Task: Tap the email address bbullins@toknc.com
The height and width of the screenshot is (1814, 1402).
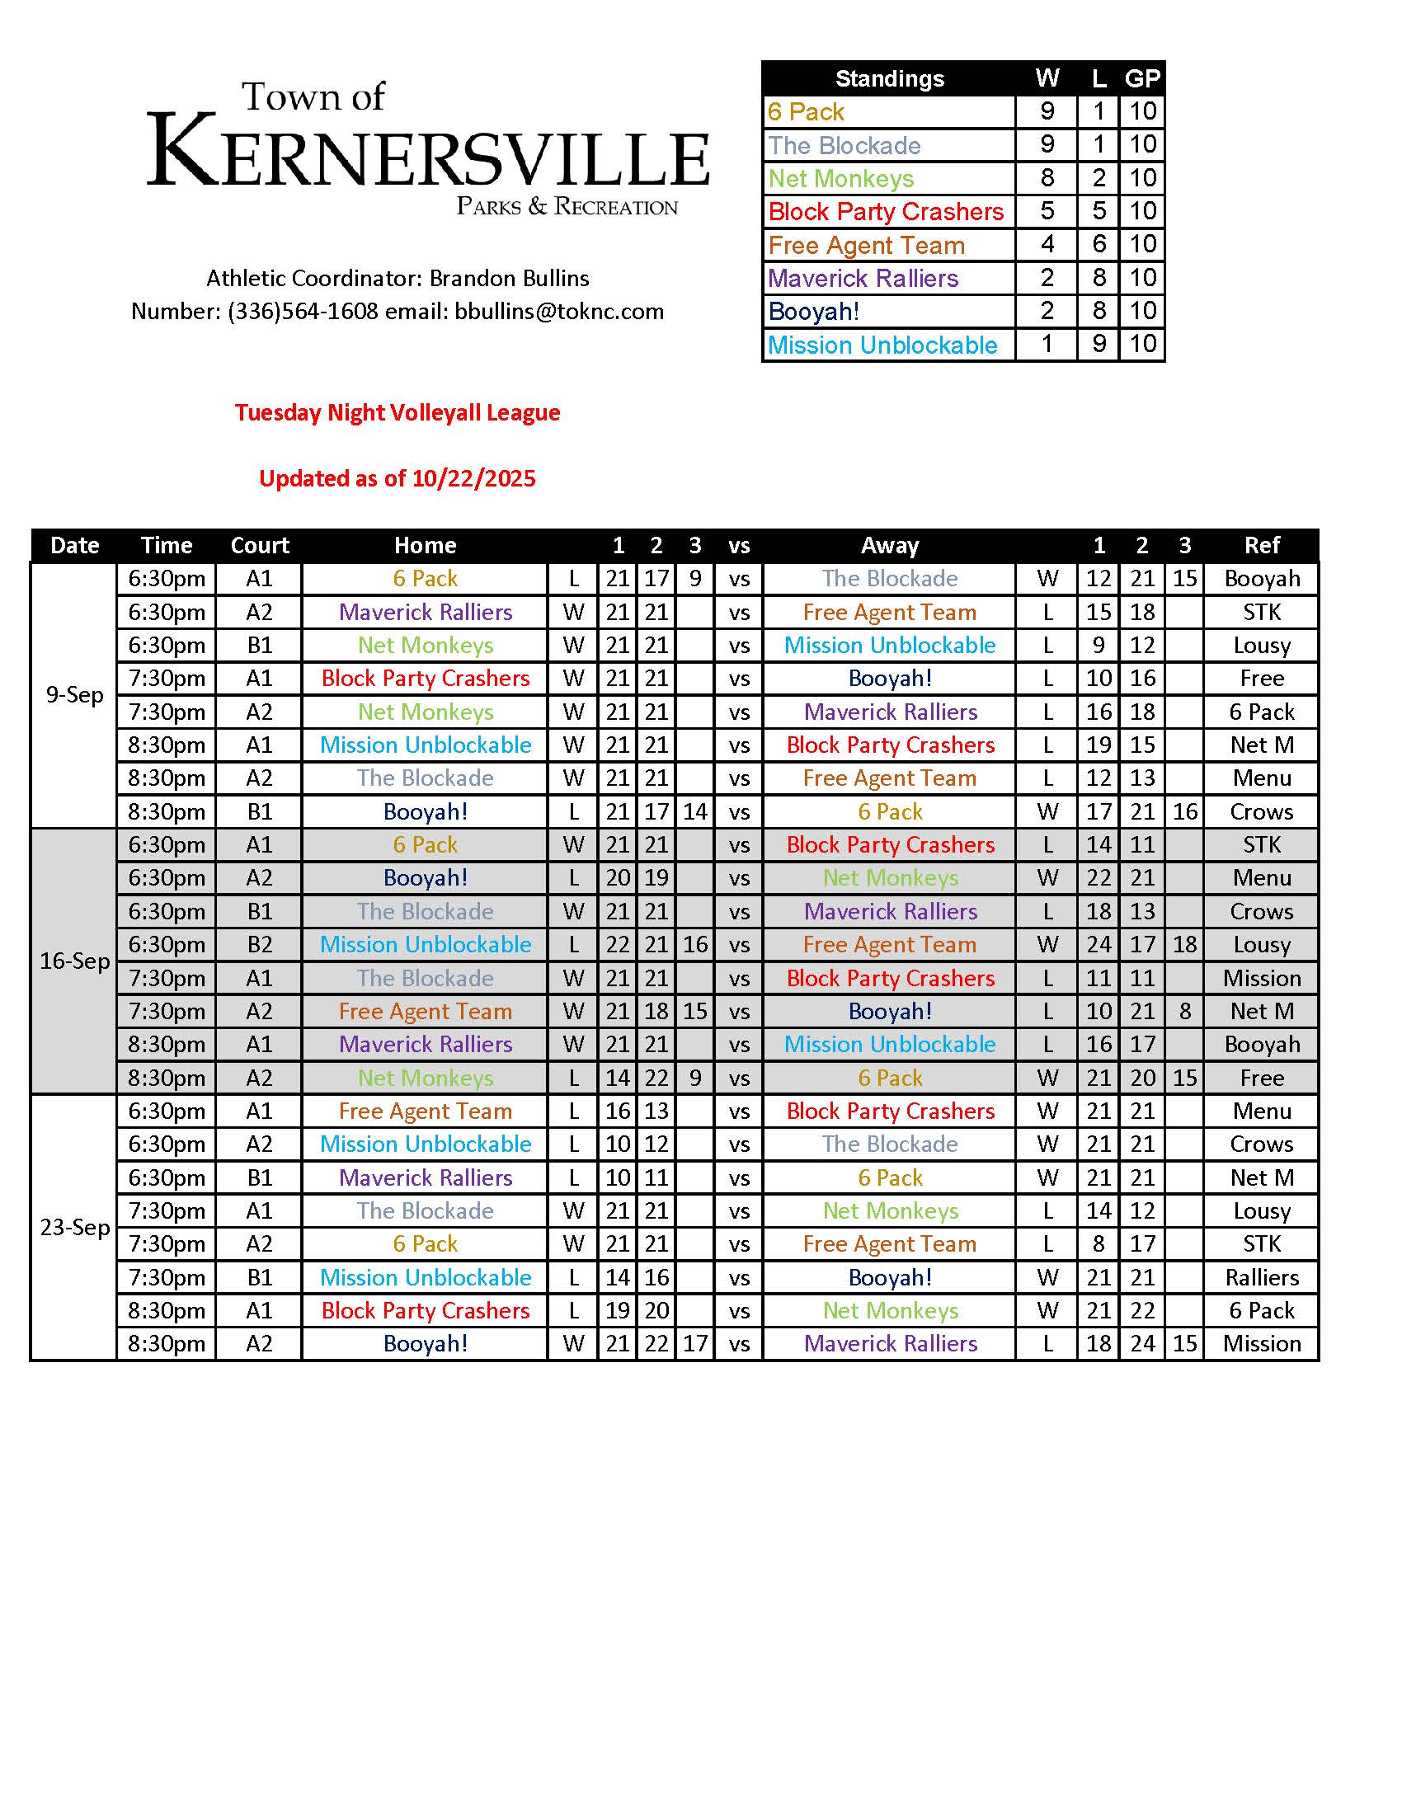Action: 559,312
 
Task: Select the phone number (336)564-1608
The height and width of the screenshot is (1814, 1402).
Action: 303,312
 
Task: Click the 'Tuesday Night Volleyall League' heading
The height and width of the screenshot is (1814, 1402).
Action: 397,413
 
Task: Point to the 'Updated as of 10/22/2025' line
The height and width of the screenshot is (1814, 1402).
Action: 397,478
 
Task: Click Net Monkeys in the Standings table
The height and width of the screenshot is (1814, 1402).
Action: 840,179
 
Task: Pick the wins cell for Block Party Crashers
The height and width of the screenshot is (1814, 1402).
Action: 1047,212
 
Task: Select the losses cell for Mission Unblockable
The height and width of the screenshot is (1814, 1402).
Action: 1098,345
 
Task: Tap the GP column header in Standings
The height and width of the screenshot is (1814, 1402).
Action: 1142,79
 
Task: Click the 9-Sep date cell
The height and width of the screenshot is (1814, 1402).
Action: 74,694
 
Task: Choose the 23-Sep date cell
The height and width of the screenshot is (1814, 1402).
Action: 74,1227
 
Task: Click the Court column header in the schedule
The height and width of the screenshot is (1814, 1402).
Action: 259,546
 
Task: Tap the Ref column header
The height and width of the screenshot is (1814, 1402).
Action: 1261,546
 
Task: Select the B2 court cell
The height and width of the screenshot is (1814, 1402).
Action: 259,944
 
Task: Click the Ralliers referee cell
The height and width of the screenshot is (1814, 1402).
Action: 1261,1277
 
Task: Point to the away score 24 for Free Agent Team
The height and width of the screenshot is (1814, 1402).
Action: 1098,944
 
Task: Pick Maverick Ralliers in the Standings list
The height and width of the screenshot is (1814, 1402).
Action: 863,278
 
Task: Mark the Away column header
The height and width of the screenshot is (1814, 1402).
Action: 890,546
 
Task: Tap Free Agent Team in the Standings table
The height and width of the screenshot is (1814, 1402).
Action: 866,245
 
